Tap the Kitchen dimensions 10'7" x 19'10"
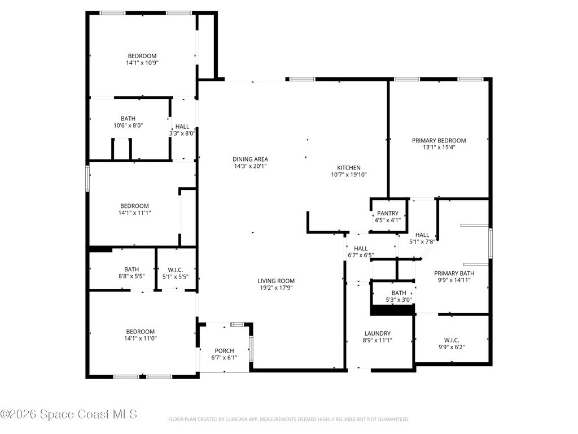pos(349,175)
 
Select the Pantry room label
pos(387,213)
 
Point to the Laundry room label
pos(377,333)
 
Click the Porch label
pos(224,350)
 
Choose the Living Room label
pos(275,281)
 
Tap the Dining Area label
pos(250,159)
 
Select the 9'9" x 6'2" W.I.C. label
pos(451,344)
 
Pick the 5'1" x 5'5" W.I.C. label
pos(175,273)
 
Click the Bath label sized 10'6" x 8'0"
pos(128,122)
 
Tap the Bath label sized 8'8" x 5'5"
pos(131,273)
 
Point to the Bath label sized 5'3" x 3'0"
pos(399,296)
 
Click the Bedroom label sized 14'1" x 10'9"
pos(142,59)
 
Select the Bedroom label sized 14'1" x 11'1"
pos(134,209)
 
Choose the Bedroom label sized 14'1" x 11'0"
pos(141,335)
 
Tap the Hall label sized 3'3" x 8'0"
pos(182,130)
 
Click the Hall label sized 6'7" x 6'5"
pos(361,251)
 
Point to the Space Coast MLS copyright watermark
pos(68,414)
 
